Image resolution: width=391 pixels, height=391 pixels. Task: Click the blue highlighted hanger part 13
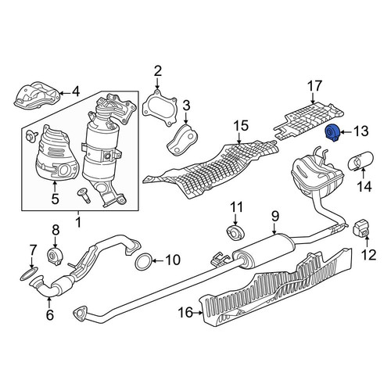(332, 133)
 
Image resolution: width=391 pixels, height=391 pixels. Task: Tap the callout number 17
(315, 86)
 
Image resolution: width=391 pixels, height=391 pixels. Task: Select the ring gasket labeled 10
(143, 261)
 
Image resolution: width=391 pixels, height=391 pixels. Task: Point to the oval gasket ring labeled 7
(29, 274)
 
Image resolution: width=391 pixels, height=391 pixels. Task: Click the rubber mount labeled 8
(56, 256)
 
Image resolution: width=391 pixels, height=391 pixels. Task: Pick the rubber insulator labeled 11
(235, 232)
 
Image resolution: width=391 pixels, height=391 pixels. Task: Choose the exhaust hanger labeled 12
(361, 228)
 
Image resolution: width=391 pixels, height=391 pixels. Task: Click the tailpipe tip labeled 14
(361, 160)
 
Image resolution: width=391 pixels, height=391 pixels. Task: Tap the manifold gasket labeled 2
(160, 108)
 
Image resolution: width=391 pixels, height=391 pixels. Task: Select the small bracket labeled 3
(182, 141)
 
